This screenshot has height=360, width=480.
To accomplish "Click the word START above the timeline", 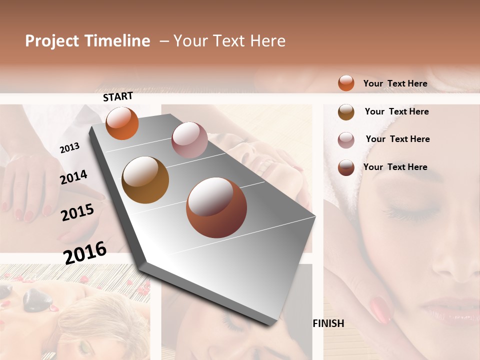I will click(x=118, y=96).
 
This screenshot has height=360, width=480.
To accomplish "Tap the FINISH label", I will click(x=328, y=323).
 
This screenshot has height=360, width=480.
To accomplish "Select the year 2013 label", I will click(x=69, y=147).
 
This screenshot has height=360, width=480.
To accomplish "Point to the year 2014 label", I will click(x=73, y=177).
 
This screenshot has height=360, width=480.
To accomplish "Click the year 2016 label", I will click(x=85, y=253).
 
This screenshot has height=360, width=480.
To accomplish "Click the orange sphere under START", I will click(x=122, y=123).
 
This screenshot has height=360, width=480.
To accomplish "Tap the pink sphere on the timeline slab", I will click(x=189, y=140).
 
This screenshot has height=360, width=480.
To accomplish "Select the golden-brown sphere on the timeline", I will click(x=145, y=180).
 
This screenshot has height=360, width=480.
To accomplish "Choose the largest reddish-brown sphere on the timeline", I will click(x=216, y=207).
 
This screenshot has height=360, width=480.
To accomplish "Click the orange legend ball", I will click(x=346, y=83).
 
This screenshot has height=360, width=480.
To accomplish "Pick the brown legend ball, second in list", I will click(x=346, y=112).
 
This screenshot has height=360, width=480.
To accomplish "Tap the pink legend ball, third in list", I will click(x=346, y=140).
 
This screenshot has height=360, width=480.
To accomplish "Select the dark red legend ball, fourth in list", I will click(x=346, y=167).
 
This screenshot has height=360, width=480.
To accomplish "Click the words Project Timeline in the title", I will click(x=87, y=41).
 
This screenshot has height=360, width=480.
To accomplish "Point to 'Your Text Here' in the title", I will click(x=229, y=41).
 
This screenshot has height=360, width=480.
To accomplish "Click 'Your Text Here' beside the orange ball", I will click(x=395, y=83).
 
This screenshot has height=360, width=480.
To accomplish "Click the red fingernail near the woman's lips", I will click(x=381, y=309).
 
